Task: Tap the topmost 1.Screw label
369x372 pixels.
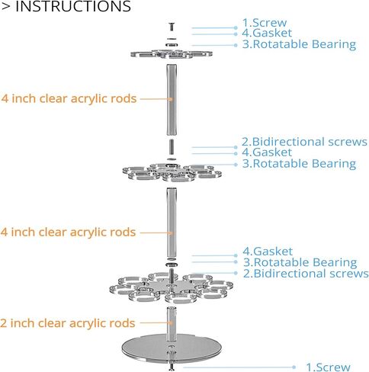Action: click(x=265, y=23)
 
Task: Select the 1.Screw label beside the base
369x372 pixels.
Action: click(x=328, y=367)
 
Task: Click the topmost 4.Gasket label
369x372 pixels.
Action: click(x=267, y=33)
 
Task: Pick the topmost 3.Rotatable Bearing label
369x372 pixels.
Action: click(x=299, y=44)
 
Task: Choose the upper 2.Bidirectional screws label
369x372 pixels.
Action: click(x=304, y=142)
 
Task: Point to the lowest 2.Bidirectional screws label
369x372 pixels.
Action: click(x=306, y=274)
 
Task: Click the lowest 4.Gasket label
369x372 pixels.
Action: click(x=268, y=252)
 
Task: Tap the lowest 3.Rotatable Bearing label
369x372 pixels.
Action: click(x=300, y=262)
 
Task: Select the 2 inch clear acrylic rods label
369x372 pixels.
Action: click(x=68, y=323)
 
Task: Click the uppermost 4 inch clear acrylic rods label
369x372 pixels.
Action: click(x=69, y=98)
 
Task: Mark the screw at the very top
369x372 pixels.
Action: click(x=172, y=27)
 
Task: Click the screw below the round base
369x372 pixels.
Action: click(x=172, y=367)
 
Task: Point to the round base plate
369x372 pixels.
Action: click(x=172, y=348)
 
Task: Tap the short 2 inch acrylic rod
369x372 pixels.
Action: click(x=172, y=324)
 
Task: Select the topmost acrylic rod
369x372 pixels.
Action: click(x=172, y=100)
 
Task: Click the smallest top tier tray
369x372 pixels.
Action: click(x=172, y=54)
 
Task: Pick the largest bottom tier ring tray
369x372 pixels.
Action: click(x=172, y=288)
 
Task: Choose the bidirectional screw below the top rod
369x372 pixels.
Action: click(x=172, y=146)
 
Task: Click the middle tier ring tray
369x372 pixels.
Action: click(x=172, y=172)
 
